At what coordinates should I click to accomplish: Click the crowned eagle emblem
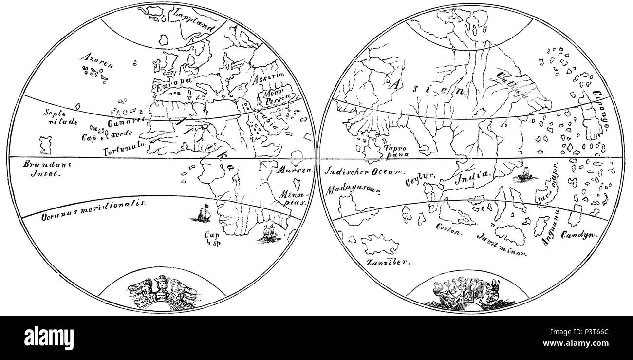[160, 291]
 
